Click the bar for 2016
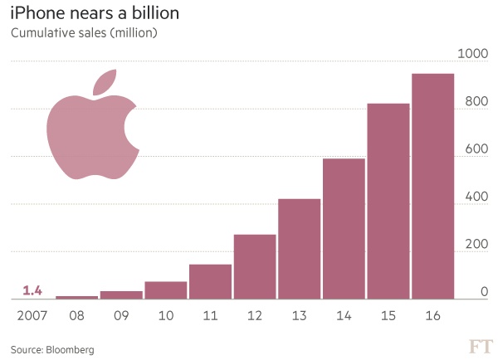point(433,186)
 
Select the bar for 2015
point(388,201)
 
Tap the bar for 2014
point(344,228)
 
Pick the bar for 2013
point(300,249)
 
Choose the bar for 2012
point(255,266)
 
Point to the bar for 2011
point(210,281)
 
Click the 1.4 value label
point(32,289)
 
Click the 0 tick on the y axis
point(484,292)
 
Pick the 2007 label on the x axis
point(31,316)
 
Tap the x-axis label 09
point(122,316)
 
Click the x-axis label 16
point(433,316)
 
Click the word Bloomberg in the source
point(71,349)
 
